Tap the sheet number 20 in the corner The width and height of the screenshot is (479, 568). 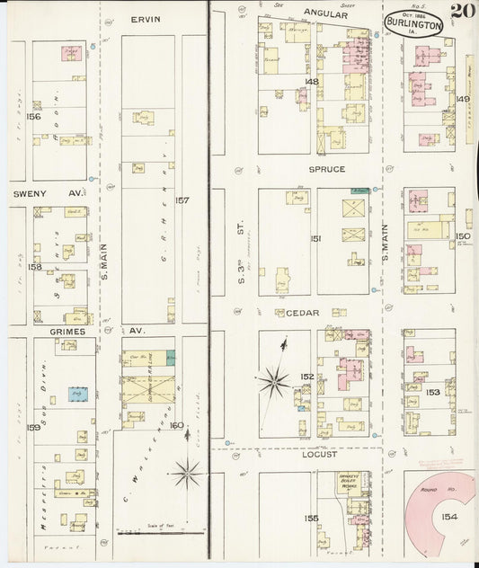tap(463, 12)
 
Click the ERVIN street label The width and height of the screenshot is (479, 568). tap(145, 19)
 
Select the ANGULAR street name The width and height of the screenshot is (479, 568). tap(324, 13)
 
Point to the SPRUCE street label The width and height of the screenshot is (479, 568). tap(327, 169)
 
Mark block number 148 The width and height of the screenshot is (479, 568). tap(312, 81)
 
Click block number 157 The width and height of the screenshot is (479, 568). tap(182, 200)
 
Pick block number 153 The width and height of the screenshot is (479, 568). tap(432, 392)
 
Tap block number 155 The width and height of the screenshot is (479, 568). tap(312, 519)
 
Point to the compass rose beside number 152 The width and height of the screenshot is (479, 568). tap(273, 382)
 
